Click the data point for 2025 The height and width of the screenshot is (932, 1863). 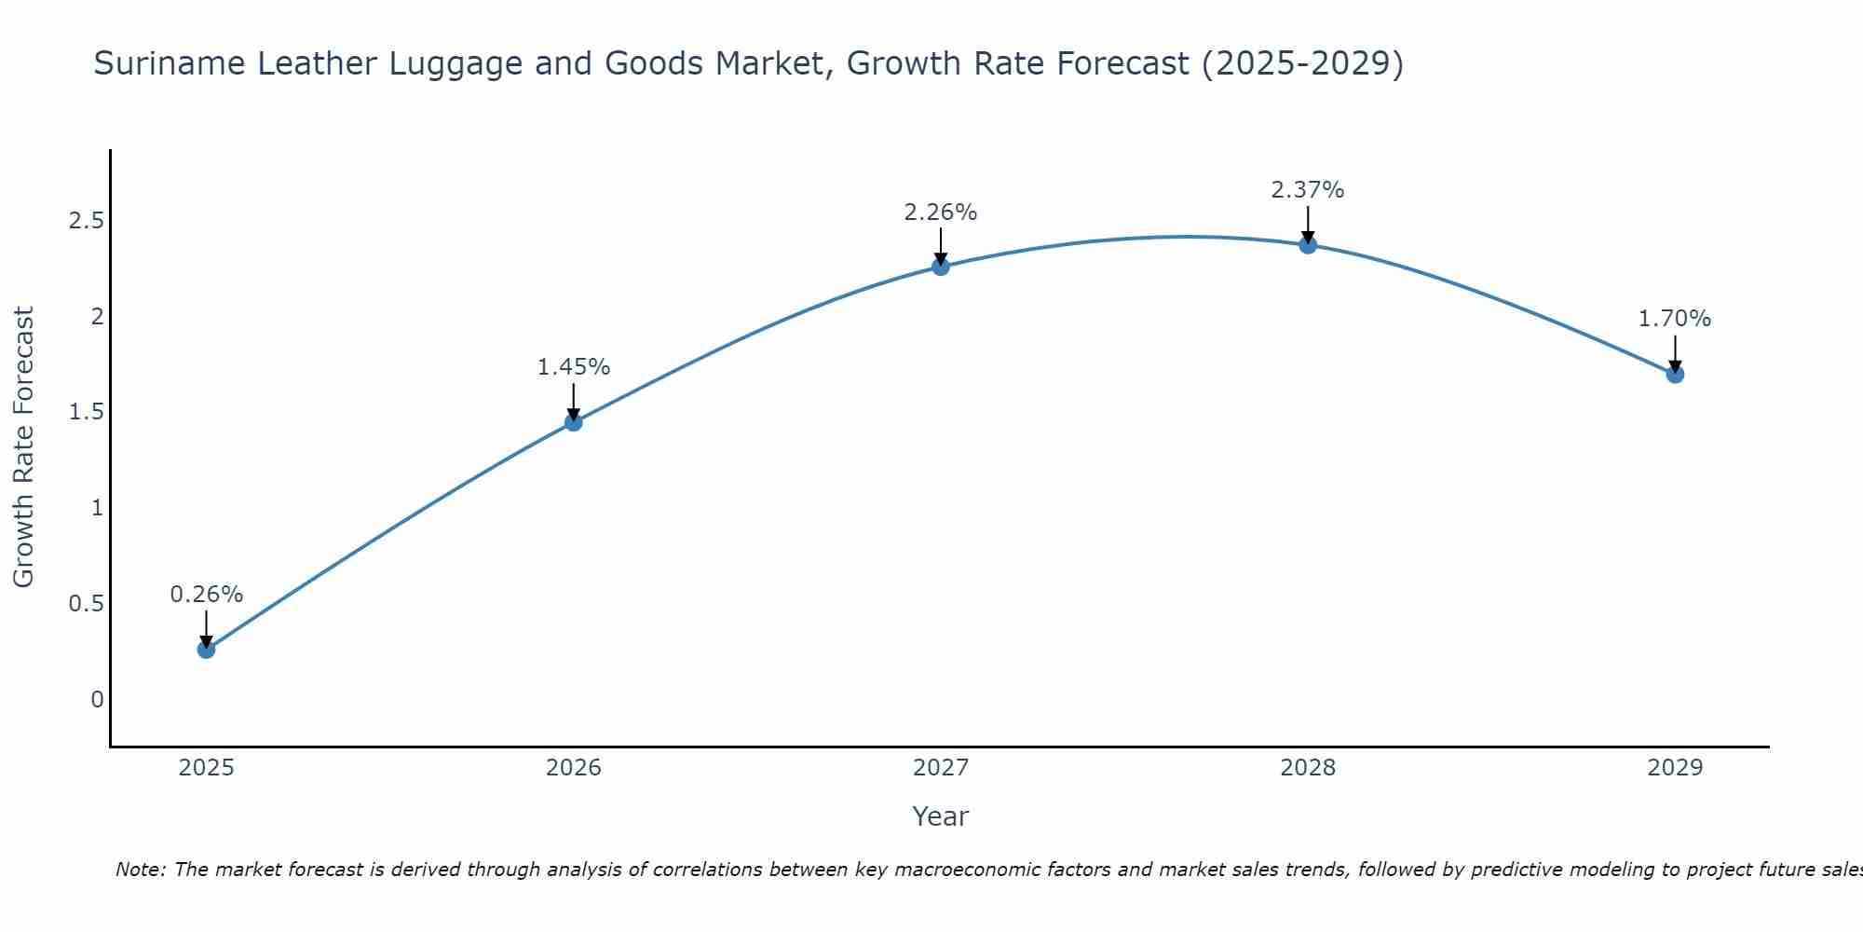coord(206,650)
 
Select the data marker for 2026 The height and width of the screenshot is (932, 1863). coord(573,422)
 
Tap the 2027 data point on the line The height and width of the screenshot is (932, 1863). coord(941,267)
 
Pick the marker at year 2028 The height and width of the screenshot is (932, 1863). coord(1308,245)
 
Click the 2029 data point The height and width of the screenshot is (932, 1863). coord(1675,374)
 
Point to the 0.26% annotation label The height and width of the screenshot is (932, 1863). coord(206,595)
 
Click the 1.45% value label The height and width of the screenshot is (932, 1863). coord(573,367)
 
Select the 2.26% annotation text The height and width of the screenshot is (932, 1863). coord(941,212)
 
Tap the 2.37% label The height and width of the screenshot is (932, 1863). coord(1308,190)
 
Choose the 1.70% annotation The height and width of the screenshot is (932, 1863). coord(1675,319)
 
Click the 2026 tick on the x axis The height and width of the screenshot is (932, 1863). coord(573,768)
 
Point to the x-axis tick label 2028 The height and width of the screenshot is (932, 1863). coord(1308,768)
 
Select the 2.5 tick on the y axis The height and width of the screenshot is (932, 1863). coord(86,221)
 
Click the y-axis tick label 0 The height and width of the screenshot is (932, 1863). coord(97,700)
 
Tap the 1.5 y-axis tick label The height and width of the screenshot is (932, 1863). coord(86,412)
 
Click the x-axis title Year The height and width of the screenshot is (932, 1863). coord(941,816)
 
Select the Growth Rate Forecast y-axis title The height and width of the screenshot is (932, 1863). coord(23,447)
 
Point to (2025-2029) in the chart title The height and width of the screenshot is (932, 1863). coord(1302,63)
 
